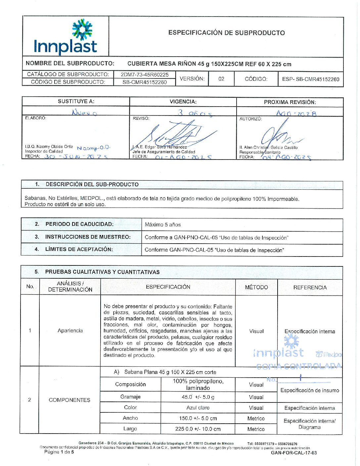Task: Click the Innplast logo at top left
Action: [x=66, y=37]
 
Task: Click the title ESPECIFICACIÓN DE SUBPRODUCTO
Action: [x=226, y=33]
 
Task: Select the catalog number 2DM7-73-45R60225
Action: [x=145, y=74]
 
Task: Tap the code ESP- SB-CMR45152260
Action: [x=310, y=79]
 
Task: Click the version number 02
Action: [x=221, y=79]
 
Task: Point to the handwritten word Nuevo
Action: [x=84, y=113]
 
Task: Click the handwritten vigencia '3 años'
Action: [x=195, y=113]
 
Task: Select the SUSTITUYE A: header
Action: [x=76, y=101]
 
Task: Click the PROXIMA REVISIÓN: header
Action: [x=290, y=102]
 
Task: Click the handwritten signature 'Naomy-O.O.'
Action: [x=93, y=148]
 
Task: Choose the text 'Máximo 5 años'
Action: [x=163, y=225]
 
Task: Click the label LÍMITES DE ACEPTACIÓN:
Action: [x=79, y=249]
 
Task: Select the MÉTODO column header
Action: [x=256, y=287]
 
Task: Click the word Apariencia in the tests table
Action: [x=70, y=331]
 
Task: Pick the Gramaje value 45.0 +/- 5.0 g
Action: [x=198, y=397]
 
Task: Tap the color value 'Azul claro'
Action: [x=198, y=408]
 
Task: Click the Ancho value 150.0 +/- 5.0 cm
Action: [x=198, y=418]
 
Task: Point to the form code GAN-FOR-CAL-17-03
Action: [x=293, y=453]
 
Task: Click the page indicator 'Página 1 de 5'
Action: [x=59, y=452]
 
